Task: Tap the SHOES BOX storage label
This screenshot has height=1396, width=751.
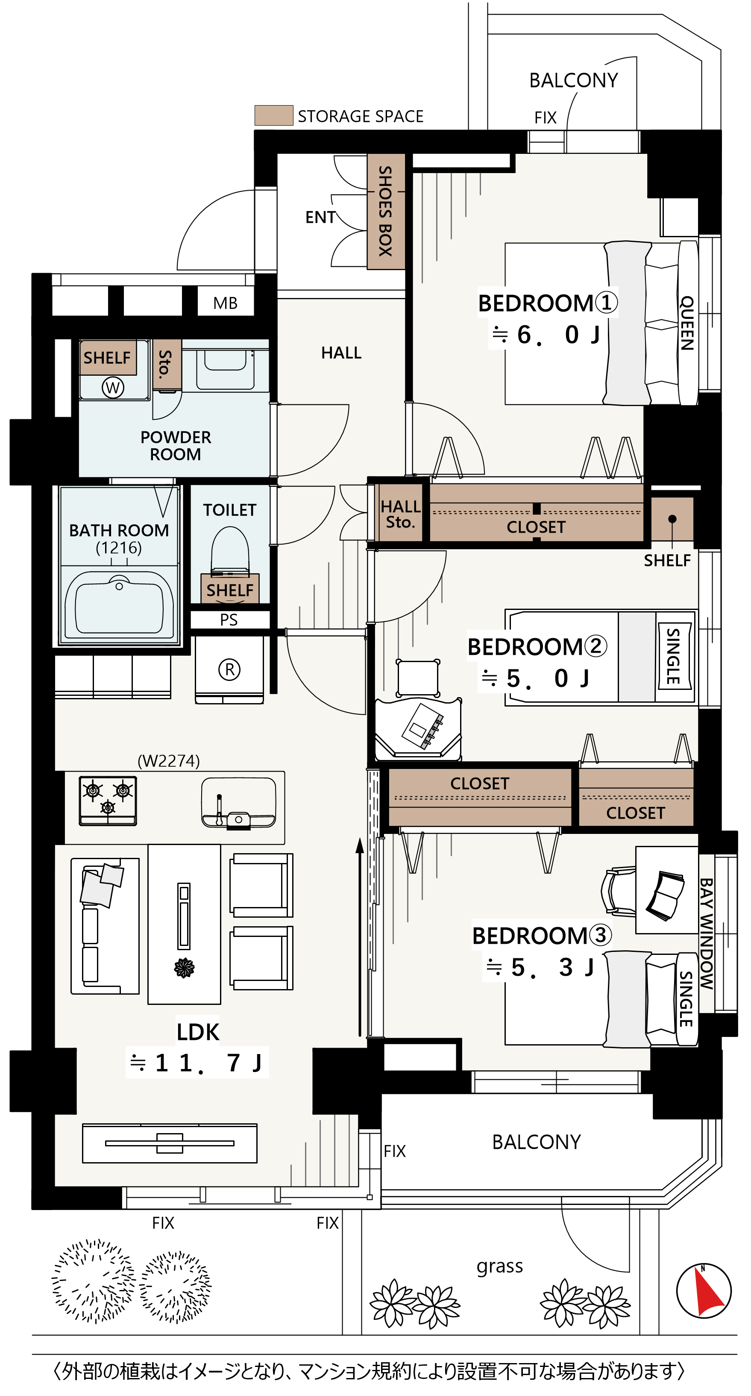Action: point(385,211)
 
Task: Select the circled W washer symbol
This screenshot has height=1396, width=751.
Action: point(113,388)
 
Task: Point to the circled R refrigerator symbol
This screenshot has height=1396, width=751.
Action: point(229,670)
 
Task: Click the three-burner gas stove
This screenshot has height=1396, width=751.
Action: point(108,801)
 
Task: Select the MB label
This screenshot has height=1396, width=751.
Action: point(225,303)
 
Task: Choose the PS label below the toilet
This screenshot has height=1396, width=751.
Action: point(229,620)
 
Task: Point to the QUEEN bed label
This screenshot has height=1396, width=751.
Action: point(687,323)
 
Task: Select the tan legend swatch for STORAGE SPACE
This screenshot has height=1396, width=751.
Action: point(274,115)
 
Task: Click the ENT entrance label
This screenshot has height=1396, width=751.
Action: point(320,217)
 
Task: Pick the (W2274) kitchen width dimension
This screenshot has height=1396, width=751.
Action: point(168,761)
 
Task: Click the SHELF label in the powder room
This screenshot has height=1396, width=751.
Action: point(107,358)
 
